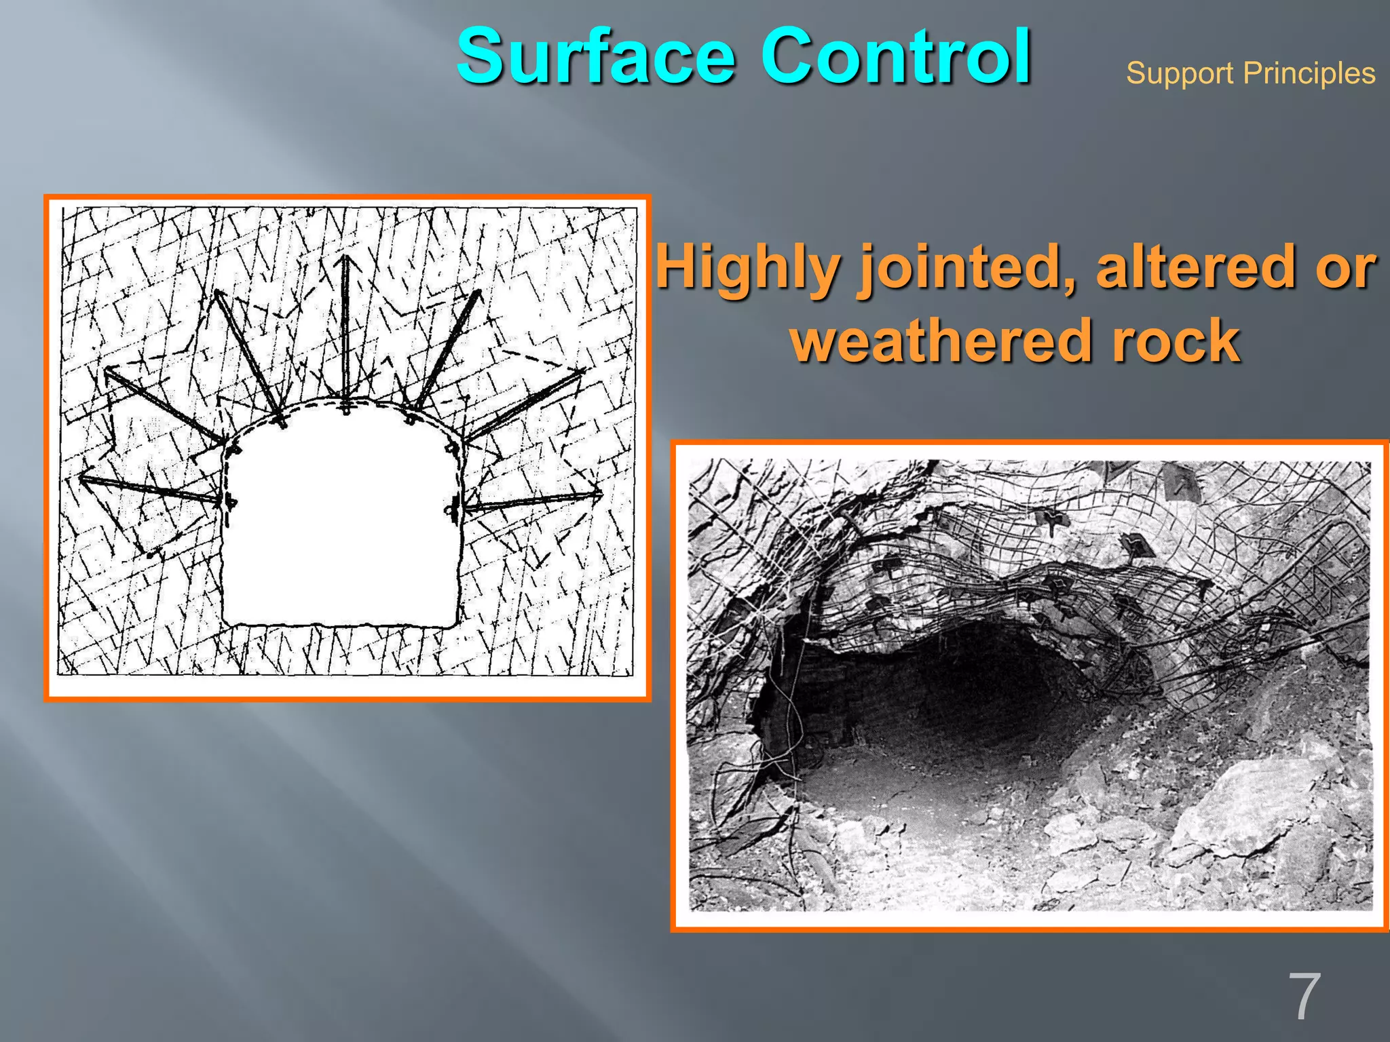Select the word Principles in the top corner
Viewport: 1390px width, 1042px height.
coord(1309,73)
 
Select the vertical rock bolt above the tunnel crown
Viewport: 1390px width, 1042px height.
coord(346,332)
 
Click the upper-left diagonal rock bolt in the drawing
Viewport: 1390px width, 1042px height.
coord(248,357)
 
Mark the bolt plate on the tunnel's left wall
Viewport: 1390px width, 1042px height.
coord(229,503)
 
